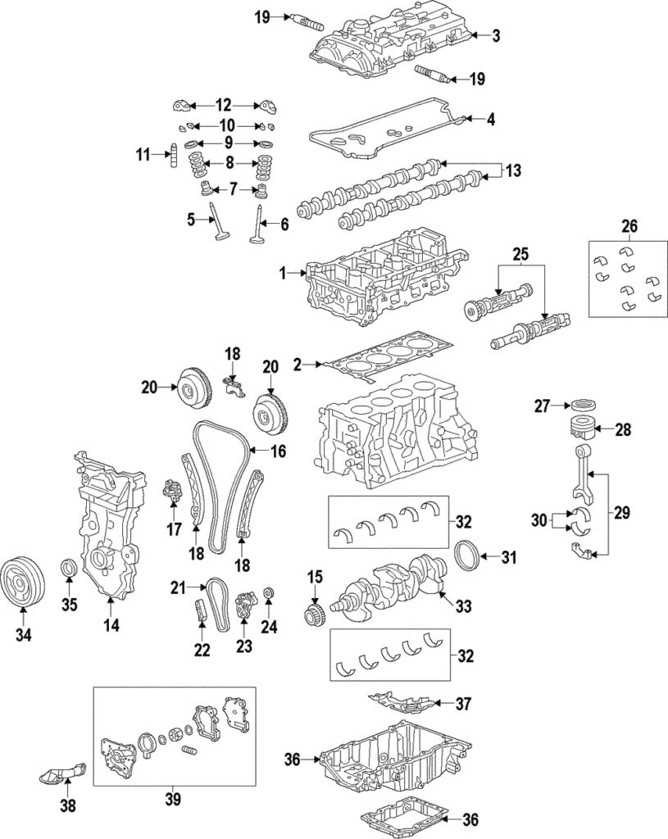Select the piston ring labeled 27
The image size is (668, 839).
[x=582, y=404]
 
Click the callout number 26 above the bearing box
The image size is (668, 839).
[x=628, y=225]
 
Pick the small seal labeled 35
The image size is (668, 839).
[x=70, y=567]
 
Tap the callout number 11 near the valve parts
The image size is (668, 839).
[x=144, y=154]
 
